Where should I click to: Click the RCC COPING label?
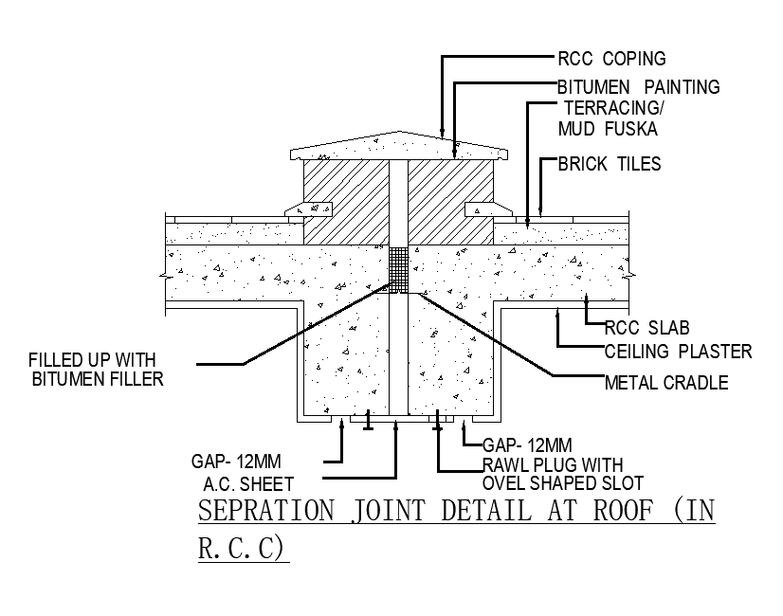point(611,59)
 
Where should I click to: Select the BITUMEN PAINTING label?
point(638,87)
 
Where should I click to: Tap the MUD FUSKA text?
point(608,129)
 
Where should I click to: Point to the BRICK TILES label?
point(609,164)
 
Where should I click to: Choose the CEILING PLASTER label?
point(678,352)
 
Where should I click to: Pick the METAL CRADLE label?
point(666,383)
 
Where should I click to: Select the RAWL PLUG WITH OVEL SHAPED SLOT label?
point(553,473)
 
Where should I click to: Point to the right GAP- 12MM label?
point(527,444)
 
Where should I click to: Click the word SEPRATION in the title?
point(265,511)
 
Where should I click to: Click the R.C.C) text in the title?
point(243,549)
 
